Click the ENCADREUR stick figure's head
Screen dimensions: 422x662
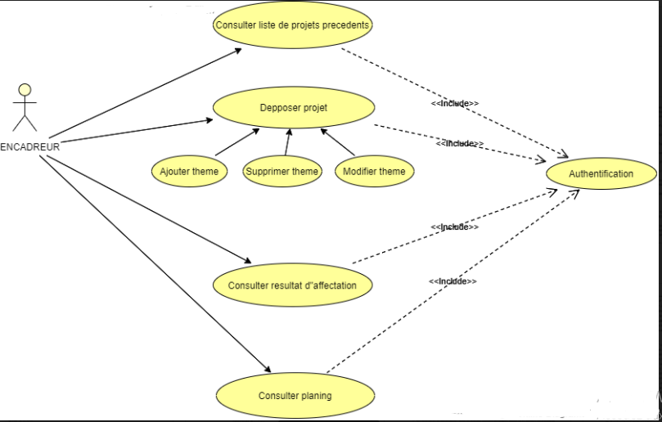click(x=25, y=89)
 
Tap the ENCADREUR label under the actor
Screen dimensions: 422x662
click(x=30, y=147)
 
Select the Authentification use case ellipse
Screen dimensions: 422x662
click(x=601, y=174)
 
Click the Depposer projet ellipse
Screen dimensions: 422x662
click(x=294, y=108)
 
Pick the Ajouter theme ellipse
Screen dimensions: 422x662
click(x=189, y=171)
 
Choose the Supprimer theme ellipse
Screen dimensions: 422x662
click(x=281, y=171)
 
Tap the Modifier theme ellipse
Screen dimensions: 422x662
click(x=373, y=171)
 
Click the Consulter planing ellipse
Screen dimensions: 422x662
click(x=295, y=396)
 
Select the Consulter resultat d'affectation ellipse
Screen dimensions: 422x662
click(x=292, y=285)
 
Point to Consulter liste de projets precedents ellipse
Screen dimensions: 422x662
click(x=292, y=25)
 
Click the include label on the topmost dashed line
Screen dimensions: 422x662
click(x=455, y=104)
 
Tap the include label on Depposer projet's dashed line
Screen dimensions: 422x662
click(x=459, y=143)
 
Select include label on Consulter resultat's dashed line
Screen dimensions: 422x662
click(x=454, y=227)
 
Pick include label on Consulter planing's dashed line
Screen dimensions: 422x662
click(x=453, y=281)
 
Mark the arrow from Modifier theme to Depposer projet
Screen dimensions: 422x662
click(x=337, y=141)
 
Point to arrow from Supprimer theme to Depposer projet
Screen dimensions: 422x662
click(x=287, y=141)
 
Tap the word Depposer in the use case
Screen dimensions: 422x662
click(x=278, y=108)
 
